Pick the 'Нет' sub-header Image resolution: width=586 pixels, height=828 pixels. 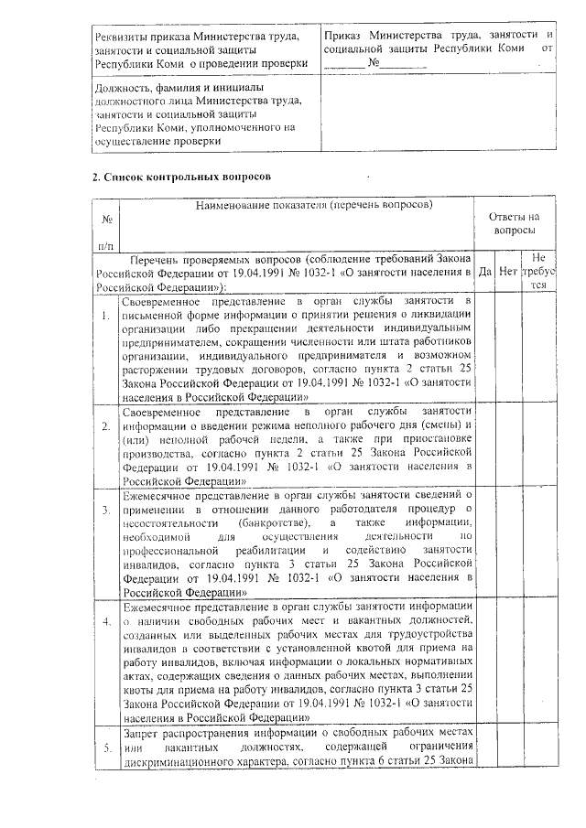point(509,271)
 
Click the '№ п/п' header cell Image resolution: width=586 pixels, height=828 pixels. point(106,231)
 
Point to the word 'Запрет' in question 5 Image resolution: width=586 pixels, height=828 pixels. point(146,734)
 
